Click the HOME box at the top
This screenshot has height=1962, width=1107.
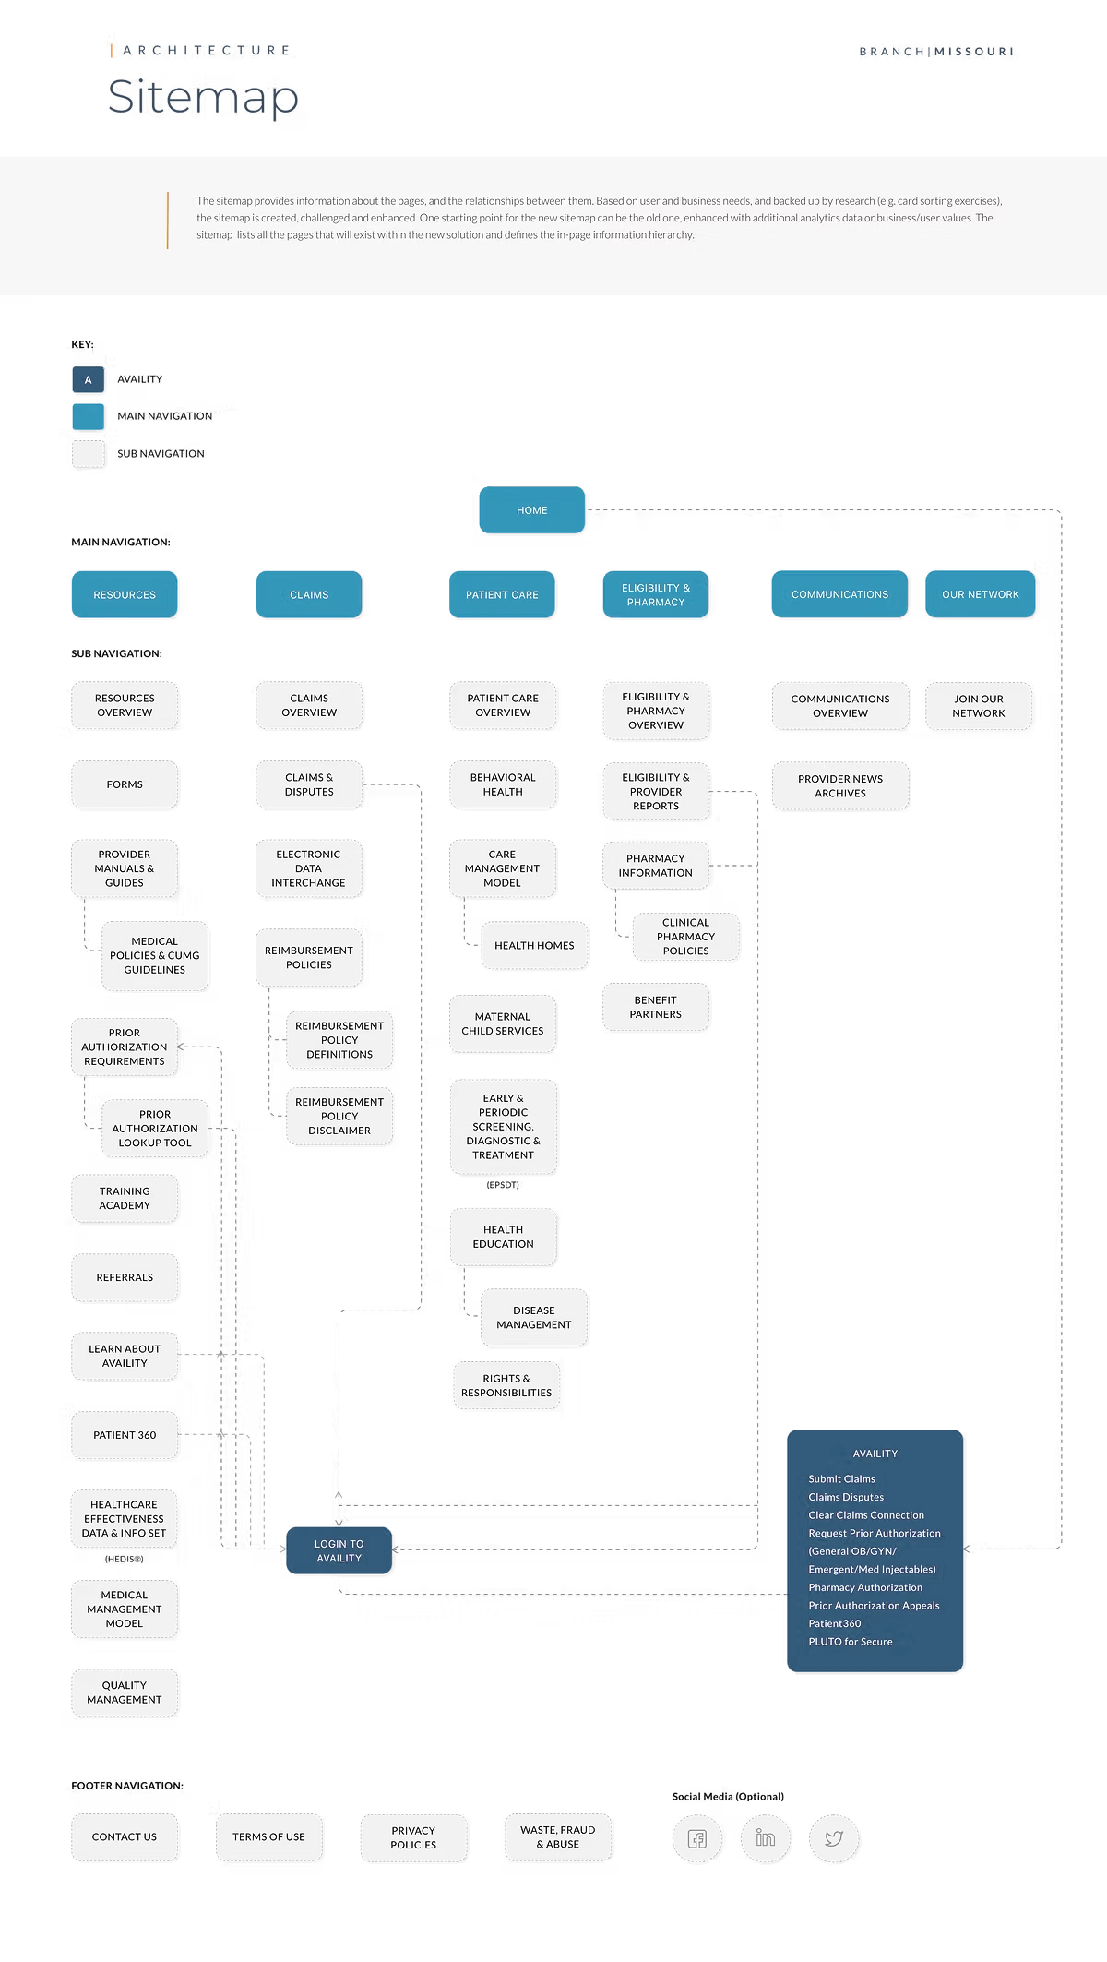coord(531,509)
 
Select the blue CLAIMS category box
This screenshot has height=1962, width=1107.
coord(308,594)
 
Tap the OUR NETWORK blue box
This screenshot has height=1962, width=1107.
coord(980,594)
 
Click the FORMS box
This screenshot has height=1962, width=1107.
coord(125,784)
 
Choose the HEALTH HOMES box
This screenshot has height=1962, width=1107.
coord(533,945)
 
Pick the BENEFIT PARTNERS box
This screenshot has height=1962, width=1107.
coord(655,1007)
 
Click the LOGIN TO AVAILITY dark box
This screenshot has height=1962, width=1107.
coord(339,1550)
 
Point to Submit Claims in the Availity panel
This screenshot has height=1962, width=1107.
coord(841,1478)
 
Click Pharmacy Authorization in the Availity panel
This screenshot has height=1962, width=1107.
coord(865,1587)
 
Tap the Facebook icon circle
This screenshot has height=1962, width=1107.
coord(696,1838)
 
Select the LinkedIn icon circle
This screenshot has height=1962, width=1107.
coord(765,1838)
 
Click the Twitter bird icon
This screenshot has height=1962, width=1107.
coord(834,1838)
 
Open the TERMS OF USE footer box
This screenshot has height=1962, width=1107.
coord(268,1836)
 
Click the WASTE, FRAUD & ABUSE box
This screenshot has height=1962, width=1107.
coord(557,1836)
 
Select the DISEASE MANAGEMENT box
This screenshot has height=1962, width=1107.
coord(533,1317)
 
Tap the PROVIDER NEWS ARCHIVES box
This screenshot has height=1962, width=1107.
coord(839,785)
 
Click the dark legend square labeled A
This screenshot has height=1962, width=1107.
coord(89,380)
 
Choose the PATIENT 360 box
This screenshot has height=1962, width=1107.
coord(125,1435)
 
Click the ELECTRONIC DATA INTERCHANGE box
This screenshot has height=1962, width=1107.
coord(308,868)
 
